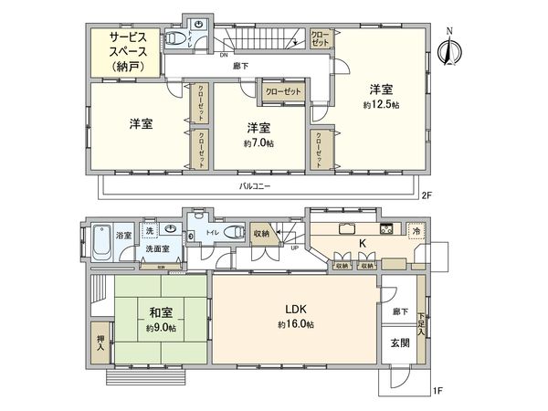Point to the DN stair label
coord(224,56)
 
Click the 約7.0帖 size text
coord(258,143)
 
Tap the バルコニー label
coord(255,186)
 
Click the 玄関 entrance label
coord(400,343)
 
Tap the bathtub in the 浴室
coord(101,242)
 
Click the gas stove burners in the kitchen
coord(386,227)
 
